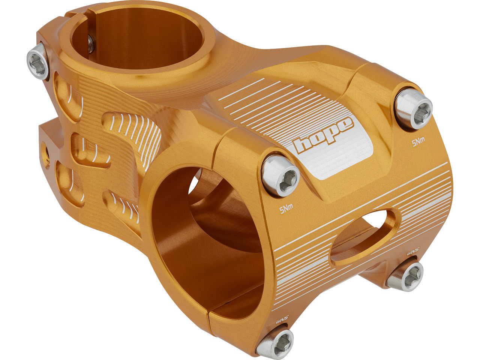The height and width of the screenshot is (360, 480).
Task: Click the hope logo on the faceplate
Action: coord(323,135)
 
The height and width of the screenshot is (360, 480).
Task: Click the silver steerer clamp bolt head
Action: coord(37,61)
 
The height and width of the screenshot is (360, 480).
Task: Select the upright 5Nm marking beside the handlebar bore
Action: coord(286,210)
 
